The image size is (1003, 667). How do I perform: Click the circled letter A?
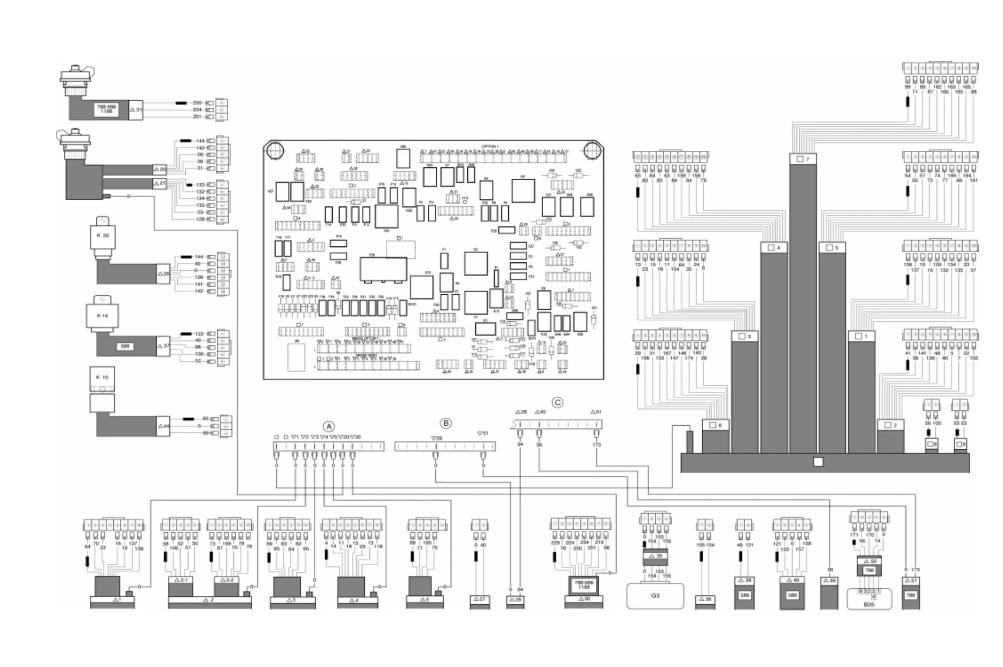click(x=328, y=426)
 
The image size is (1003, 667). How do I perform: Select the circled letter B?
click(x=446, y=423)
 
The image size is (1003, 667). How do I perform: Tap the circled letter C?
click(x=557, y=403)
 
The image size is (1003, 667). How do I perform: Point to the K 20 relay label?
click(x=102, y=235)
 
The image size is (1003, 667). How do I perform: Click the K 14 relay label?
click(x=102, y=316)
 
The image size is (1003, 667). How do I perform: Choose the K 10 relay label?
click(x=102, y=377)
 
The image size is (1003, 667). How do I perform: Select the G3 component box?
click(x=655, y=595)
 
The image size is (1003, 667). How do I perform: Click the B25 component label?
click(x=869, y=604)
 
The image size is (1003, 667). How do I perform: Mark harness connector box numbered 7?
click(x=803, y=159)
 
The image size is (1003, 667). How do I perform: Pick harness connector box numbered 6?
click(x=716, y=425)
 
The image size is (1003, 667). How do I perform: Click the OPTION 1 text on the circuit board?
click(x=489, y=147)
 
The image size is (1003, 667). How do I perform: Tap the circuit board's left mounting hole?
click(x=275, y=150)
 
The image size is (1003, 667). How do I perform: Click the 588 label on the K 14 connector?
click(x=125, y=346)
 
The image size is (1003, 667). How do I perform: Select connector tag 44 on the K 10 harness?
click(x=164, y=426)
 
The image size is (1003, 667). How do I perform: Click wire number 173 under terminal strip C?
click(x=596, y=445)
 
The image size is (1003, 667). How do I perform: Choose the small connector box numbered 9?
click(x=960, y=444)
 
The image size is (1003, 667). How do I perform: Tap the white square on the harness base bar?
click(x=818, y=462)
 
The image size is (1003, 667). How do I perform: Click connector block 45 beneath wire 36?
click(x=830, y=581)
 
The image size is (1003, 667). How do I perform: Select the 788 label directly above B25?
click(x=869, y=571)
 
